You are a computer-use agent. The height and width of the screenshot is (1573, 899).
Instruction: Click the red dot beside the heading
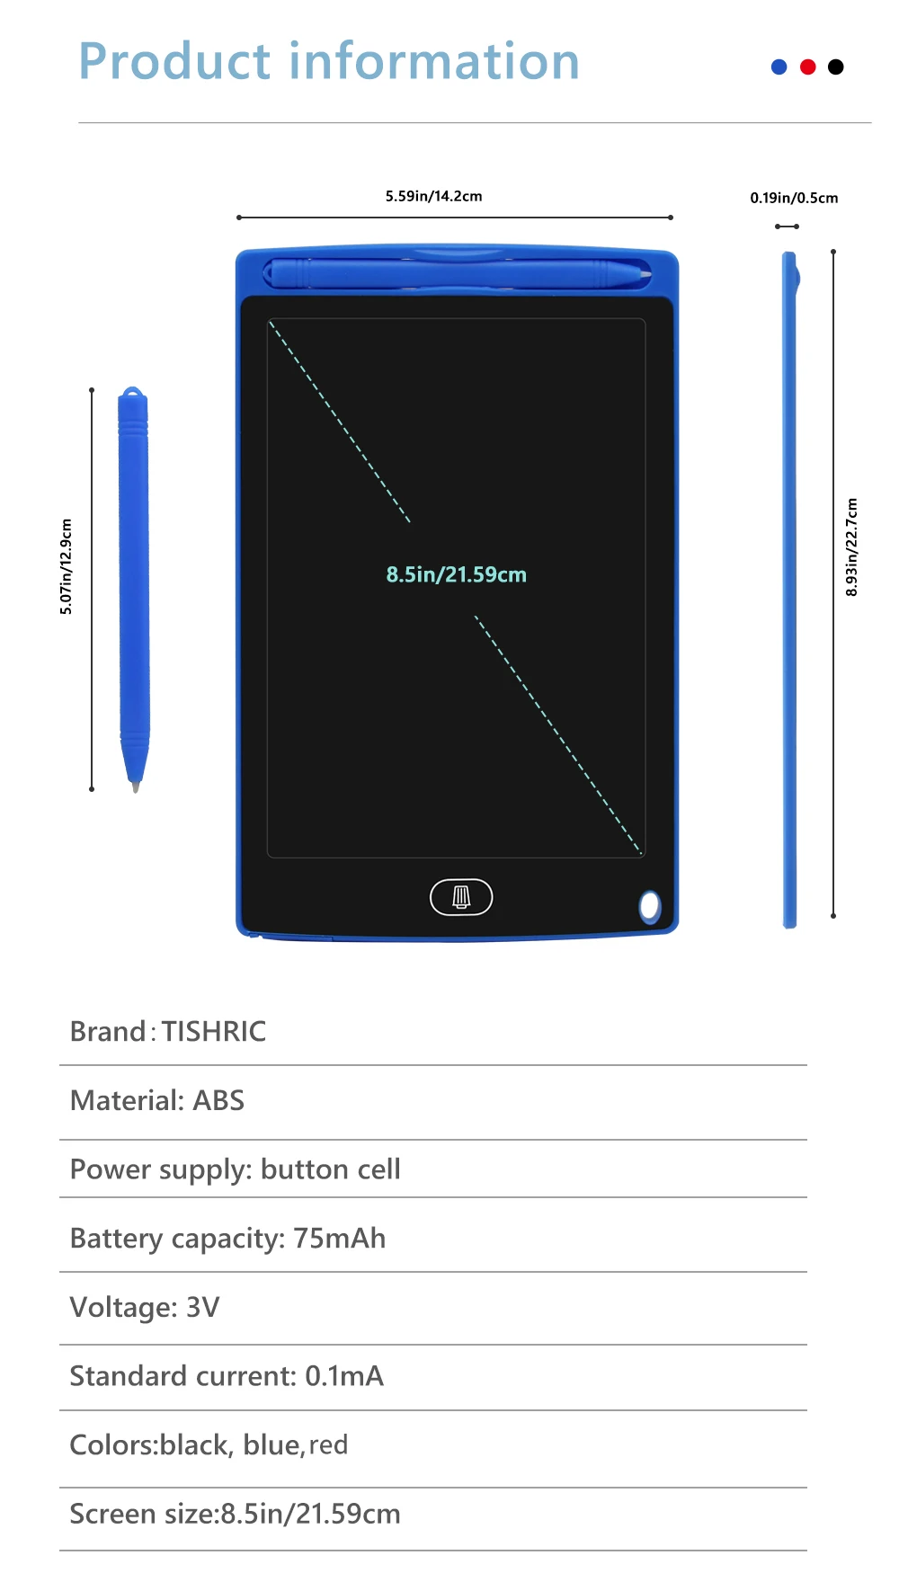click(x=807, y=67)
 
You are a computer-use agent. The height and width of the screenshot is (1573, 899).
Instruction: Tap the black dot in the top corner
click(x=835, y=67)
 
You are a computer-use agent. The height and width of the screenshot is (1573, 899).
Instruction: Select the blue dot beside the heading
click(x=779, y=67)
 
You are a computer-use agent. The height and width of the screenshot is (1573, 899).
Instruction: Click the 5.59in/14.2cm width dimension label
click(x=433, y=196)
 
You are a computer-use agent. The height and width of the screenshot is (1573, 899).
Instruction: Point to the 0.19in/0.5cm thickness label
click(x=794, y=198)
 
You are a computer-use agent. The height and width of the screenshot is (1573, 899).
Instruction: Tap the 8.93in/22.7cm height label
click(x=851, y=547)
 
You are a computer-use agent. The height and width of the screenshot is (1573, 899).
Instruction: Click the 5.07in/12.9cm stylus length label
click(x=66, y=567)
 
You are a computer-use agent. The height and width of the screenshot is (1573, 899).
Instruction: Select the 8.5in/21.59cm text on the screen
click(x=456, y=574)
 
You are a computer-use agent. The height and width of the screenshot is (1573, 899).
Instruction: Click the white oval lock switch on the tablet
click(x=649, y=906)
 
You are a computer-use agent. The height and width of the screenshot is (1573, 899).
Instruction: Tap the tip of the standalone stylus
click(x=136, y=786)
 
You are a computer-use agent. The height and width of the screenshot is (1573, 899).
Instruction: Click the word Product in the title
click(x=174, y=62)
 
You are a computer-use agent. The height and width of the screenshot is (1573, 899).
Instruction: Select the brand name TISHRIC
click(x=214, y=1031)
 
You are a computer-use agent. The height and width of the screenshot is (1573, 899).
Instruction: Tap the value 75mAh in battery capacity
click(x=339, y=1238)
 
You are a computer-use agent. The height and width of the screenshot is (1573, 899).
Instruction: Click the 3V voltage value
click(x=202, y=1307)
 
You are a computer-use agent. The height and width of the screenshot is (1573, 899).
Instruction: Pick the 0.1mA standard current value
click(x=343, y=1376)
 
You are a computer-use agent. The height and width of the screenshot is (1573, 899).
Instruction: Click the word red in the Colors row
click(x=328, y=1445)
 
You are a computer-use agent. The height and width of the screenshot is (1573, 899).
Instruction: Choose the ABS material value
click(x=218, y=1100)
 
